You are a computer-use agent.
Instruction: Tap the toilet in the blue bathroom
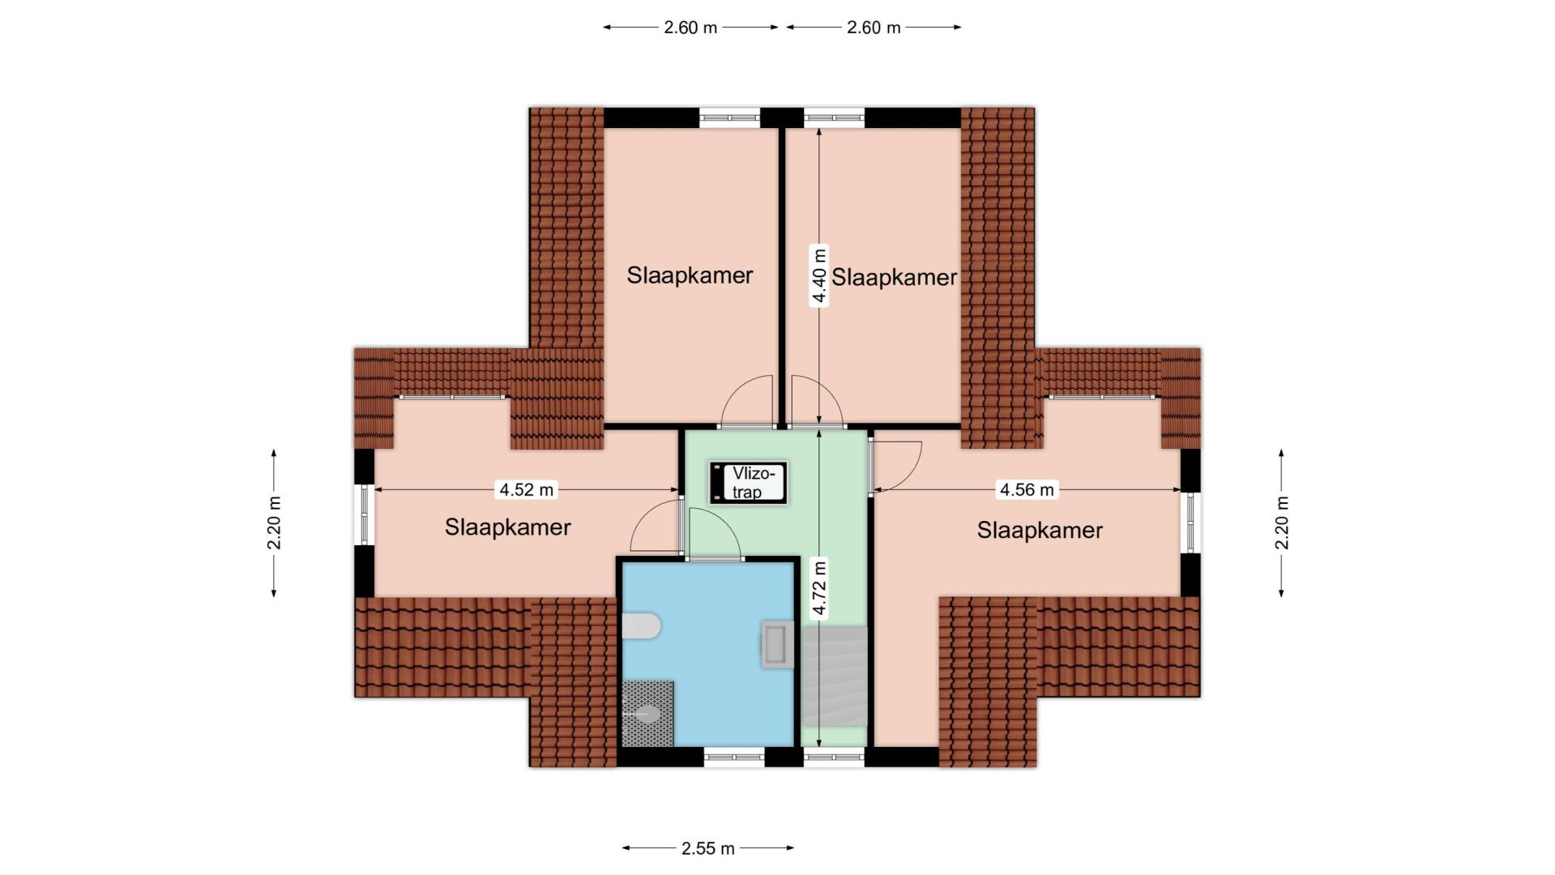[642, 625]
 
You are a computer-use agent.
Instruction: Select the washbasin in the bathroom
[777, 644]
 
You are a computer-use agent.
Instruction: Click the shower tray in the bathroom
[647, 714]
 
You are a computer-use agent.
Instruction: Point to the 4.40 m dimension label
[820, 275]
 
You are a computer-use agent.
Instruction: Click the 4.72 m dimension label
[819, 588]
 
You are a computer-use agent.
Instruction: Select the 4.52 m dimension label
[527, 489]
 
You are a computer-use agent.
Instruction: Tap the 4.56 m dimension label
[1027, 489]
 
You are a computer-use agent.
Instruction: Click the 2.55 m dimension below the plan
[708, 848]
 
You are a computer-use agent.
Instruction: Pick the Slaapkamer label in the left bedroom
[508, 527]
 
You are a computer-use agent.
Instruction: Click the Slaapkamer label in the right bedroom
[1040, 531]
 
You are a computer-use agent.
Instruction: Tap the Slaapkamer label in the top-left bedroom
[690, 275]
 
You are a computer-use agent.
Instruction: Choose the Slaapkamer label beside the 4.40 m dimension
[894, 278]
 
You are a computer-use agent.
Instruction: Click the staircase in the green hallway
[834, 677]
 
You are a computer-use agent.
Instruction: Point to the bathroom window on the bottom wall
[734, 758]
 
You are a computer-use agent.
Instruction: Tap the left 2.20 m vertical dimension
[274, 523]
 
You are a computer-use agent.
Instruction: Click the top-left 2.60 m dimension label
[690, 28]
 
